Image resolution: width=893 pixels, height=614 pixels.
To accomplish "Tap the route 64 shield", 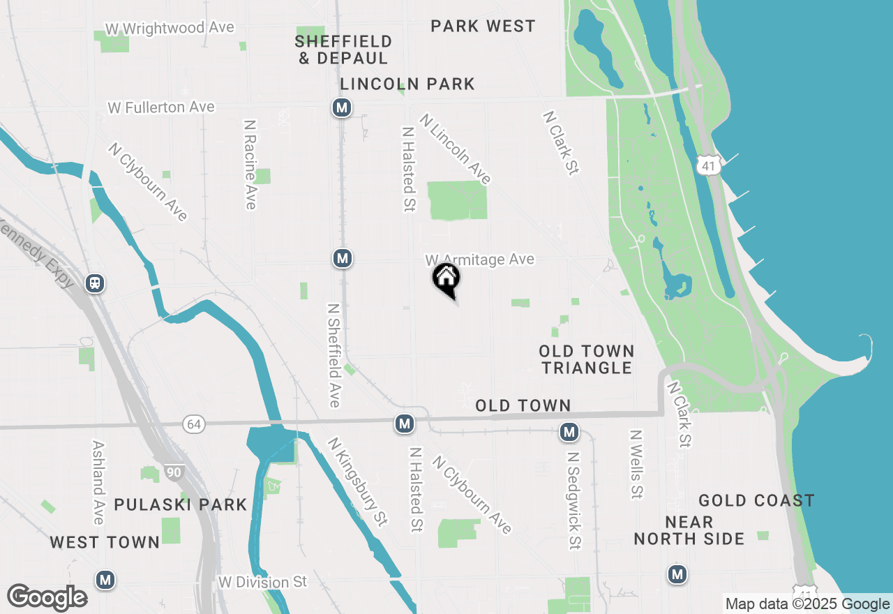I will click(x=195, y=424).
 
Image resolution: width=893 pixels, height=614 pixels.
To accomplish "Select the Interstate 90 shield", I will click(x=174, y=473).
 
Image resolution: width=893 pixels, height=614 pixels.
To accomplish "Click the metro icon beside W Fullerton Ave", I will click(x=341, y=108).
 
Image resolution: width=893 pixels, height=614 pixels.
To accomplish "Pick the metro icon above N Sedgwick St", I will click(x=569, y=433).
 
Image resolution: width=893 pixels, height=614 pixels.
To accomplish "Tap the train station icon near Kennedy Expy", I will click(x=95, y=283).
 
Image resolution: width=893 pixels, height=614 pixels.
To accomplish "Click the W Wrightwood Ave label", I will click(x=170, y=28).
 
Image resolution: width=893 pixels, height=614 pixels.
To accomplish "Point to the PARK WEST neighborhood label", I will click(x=483, y=27).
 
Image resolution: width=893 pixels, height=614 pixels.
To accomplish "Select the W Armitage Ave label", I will click(x=480, y=260).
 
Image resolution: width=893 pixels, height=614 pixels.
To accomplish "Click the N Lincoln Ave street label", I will click(x=455, y=149).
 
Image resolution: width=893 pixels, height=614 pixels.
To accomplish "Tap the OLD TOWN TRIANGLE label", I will click(x=587, y=359).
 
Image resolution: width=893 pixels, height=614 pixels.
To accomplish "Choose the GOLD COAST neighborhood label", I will click(x=756, y=500).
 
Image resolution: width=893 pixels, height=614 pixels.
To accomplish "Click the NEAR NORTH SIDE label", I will click(x=689, y=530).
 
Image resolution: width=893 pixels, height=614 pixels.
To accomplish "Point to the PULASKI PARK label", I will click(x=181, y=504).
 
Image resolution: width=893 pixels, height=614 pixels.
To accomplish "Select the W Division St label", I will click(x=262, y=582).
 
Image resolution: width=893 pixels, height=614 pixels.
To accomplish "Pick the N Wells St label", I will click(x=636, y=464).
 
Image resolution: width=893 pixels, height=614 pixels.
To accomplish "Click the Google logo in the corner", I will click(x=47, y=597).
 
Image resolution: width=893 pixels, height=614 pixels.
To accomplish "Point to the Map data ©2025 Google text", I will click(x=807, y=604).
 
